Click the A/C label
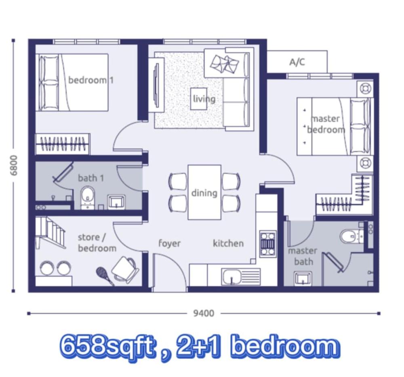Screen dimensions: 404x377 coord(297,62)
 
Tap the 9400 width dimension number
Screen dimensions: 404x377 coord(204,313)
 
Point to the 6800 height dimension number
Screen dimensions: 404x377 coord(14,165)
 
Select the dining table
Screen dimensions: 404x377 coord(204,192)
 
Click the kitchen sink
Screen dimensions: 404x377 coord(232,277)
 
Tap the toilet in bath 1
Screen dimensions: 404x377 coord(88,198)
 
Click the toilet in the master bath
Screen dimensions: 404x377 coord(352,236)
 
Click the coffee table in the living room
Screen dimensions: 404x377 coord(199,99)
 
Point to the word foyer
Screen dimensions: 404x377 coord(169,243)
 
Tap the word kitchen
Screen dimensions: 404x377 coord(228,243)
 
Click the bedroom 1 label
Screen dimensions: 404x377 coord(90,80)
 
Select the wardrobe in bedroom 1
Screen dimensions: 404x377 coord(62,144)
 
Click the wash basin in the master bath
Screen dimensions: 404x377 coord(303,278)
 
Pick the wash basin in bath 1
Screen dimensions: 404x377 coord(116,202)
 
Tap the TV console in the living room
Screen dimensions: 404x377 coord(157,85)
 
